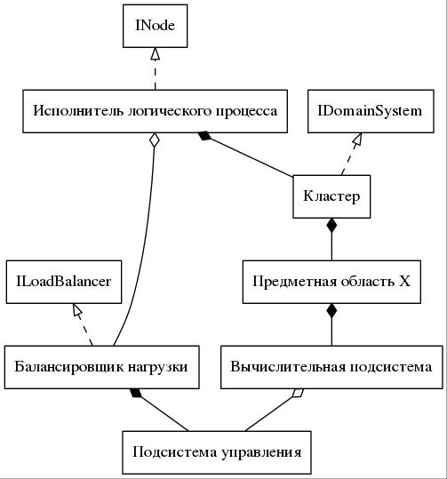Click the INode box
click(x=155, y=26)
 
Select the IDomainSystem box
click(x=371, y=111)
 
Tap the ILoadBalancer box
click(x=64, y=282)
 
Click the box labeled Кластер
click(x=331, y=196)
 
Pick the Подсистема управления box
click(x=217, y=452)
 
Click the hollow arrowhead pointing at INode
click(x=156, y=54)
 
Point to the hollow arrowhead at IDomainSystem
click(x=357, y=140)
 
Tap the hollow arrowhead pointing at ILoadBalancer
click(x=77, y=310)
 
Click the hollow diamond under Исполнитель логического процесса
click(x=155, y=140)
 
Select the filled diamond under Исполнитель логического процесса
click(x=204, y=136)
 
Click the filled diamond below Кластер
click(x=331, y=226)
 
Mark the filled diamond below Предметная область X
click(x=331, y=311)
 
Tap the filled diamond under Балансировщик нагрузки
click(x=136, y=393)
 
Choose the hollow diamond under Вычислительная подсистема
click(x=298, y=393)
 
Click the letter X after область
click(x=404, y=281)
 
